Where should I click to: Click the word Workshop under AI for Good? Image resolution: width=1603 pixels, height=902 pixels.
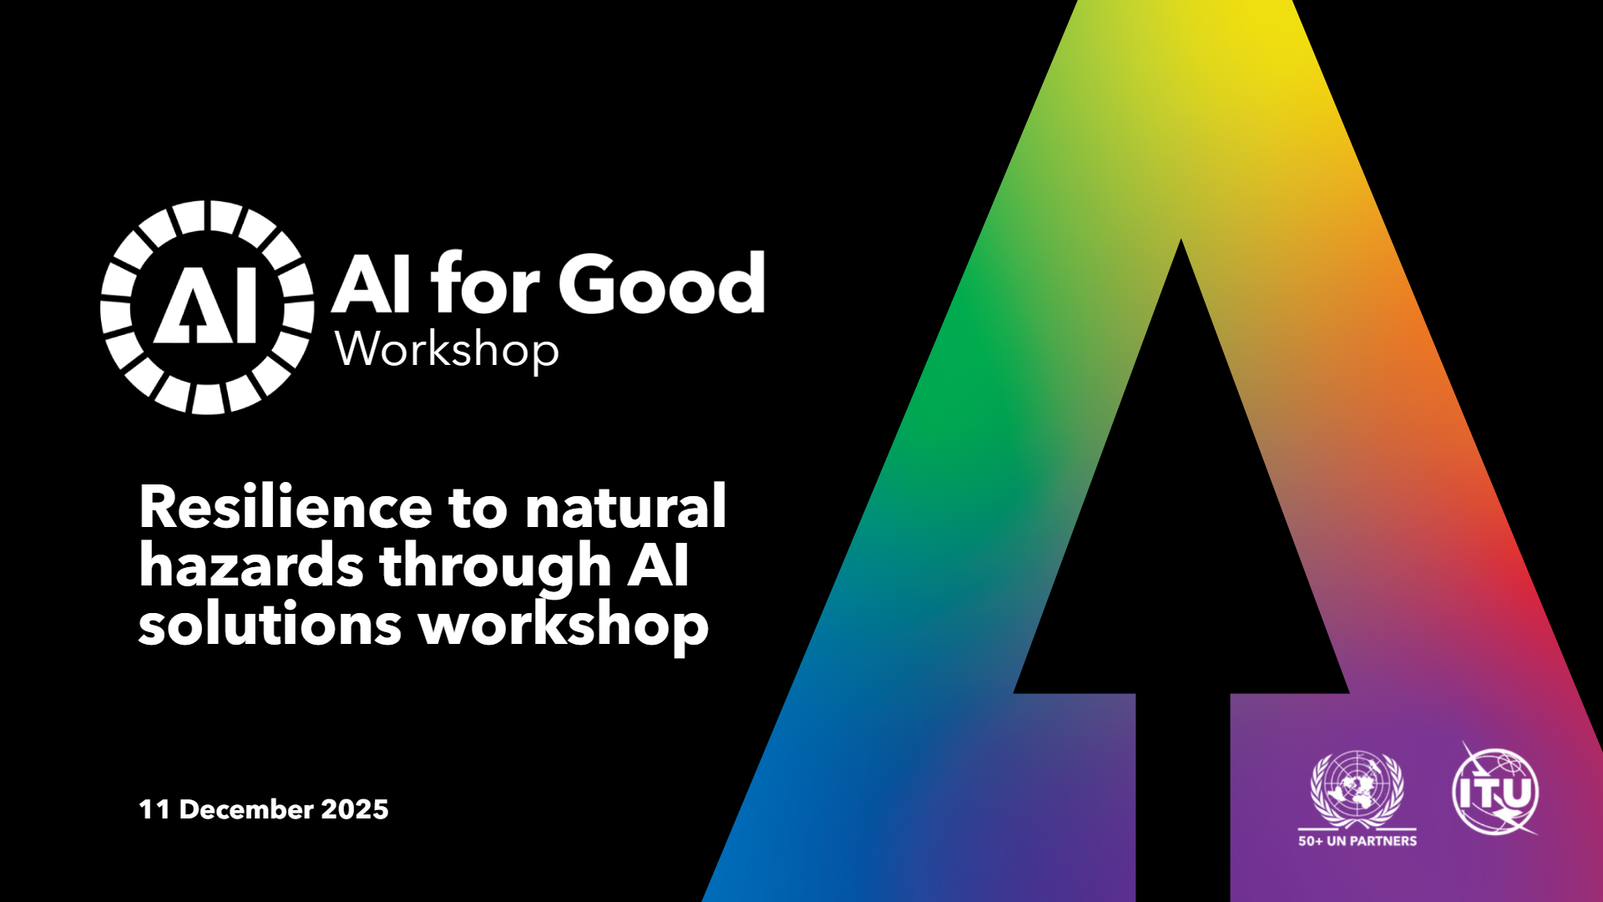pos(447,350)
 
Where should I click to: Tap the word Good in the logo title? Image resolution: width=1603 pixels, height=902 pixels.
pos(661,283)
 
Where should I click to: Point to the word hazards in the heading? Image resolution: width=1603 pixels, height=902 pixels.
pos(251,565)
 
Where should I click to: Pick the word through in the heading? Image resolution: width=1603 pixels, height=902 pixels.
pos(497,567)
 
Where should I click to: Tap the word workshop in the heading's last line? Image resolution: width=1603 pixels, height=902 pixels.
pos(564,626)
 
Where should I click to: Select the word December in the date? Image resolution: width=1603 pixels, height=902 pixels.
pos(246,809)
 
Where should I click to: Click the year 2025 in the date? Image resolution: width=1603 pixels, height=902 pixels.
pos(355,809)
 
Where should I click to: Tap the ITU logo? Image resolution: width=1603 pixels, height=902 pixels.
pos(1495,790)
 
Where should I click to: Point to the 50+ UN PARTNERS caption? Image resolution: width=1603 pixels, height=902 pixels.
pos(1358,841)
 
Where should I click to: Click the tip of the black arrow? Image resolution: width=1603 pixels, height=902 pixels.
pos(1181,240)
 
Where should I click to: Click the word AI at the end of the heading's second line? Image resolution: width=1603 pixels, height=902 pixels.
pos(659,565)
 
